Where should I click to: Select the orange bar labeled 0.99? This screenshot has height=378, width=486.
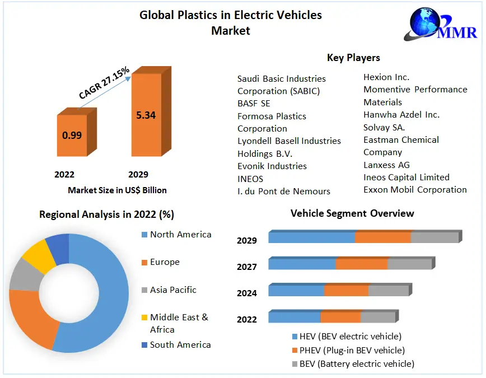pyautogui.click(x=72, y=135)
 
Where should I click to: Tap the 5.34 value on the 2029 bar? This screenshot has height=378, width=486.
pyautogui.click(x=146, y=115)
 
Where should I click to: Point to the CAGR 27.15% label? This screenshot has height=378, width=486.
pyautogui.click(x=104, y=82)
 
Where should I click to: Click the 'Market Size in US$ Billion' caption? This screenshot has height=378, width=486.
pyautogui.click(x=117, y=190)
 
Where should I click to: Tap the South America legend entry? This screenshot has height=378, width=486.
pyautogui.click(x=180, y=345)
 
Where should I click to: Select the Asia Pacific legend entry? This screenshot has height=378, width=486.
pyautogui.click(x=172, y=290)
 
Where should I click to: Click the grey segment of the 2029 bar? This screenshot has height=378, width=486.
pyautogui.click(x=434, y=237)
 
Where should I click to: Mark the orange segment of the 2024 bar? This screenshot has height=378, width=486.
pyautogui.click(x=346, y=291)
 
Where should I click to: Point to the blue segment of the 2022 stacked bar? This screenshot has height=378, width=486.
pyautogui.click(x=294, y=318)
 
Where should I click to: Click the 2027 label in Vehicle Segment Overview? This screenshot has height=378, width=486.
pyautogui.click(x=247, y=267)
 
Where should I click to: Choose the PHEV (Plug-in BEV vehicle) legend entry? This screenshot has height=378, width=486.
pyautogui.click(x=352, y=351)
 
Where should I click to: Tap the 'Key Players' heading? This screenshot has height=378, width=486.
pyautogui.click(x=353, y=58)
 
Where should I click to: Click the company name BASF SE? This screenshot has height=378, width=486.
pyautogui.click(x=254, y=104)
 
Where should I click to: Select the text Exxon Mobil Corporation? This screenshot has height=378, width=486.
pyautogui.click(x=415, y=190)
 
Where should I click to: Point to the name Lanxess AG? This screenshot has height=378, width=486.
pyautogui.click(x=386, y=165)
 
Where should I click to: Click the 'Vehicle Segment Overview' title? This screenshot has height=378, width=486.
pyautogui.click(x=352, y=213)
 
